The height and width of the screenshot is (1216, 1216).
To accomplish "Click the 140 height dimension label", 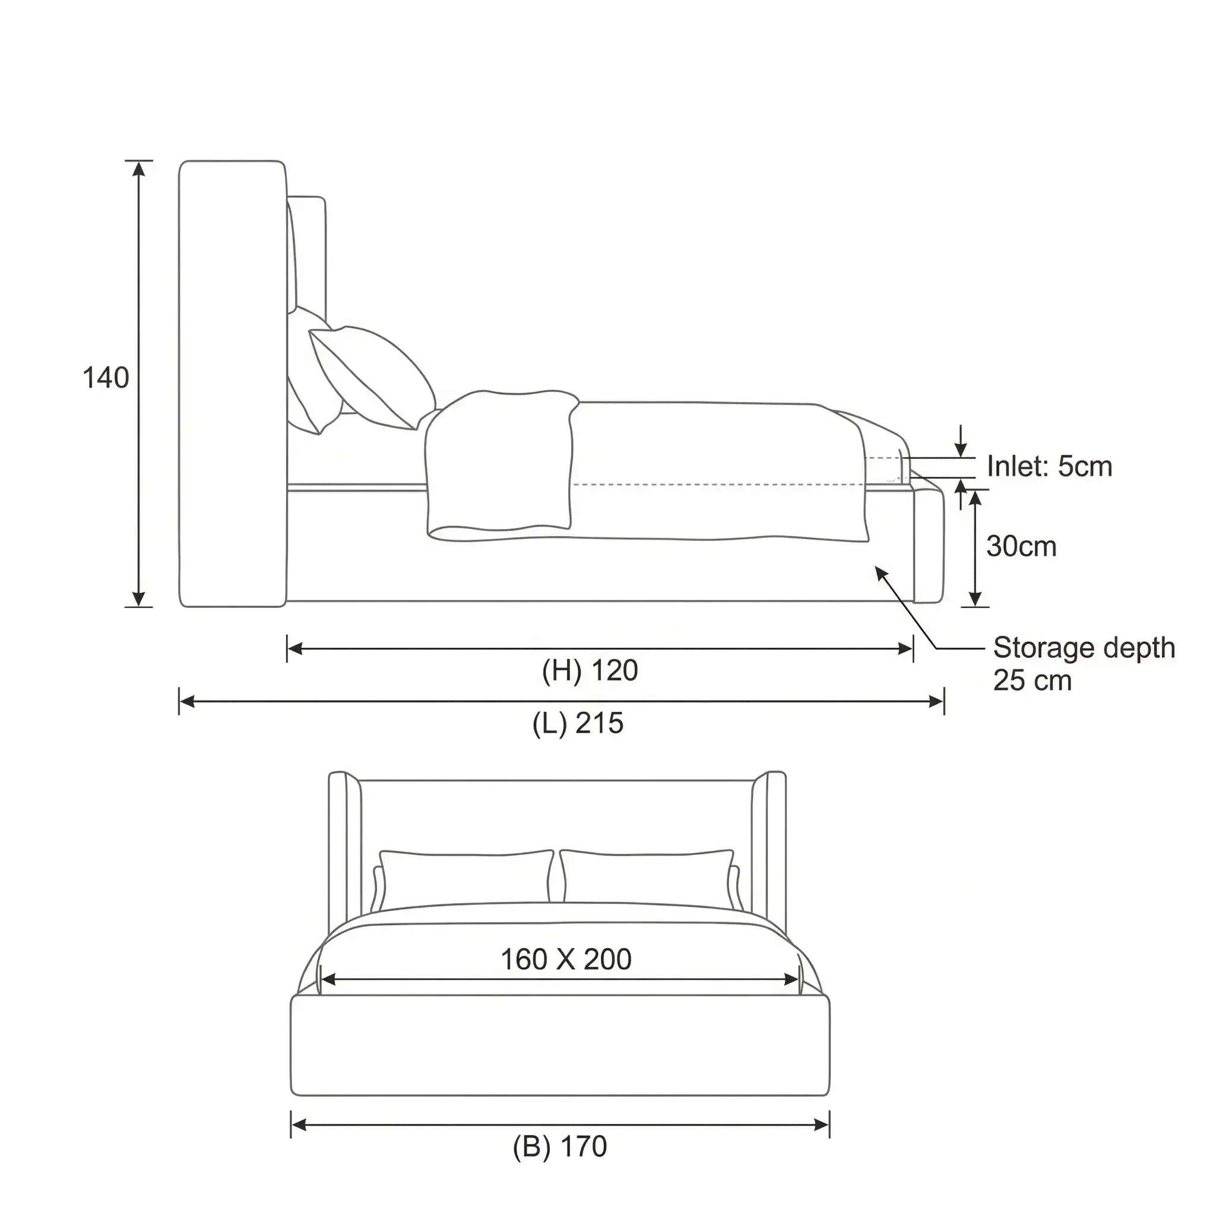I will point(106,378).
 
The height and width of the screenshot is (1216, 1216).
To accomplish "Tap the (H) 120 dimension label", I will point(590,671).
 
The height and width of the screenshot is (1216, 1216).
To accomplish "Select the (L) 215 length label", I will point(578,724).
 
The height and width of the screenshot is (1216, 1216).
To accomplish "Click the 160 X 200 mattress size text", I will point(566,960).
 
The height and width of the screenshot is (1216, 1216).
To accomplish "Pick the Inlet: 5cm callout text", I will point(1049,466).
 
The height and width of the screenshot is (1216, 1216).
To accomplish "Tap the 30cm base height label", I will point(1021,546).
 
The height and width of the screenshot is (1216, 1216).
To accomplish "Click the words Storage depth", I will point(1084,648).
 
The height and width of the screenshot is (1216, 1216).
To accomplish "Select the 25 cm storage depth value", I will point(1032,681).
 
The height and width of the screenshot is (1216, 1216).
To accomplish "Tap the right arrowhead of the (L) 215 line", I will point(936,702).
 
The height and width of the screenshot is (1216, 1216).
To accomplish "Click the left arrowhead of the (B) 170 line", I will point(298,1125).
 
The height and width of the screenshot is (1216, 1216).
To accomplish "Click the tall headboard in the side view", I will point(232,384).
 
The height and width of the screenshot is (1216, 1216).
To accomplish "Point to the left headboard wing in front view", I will point(344,850).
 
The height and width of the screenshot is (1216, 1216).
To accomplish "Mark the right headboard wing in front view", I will point(769,850).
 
